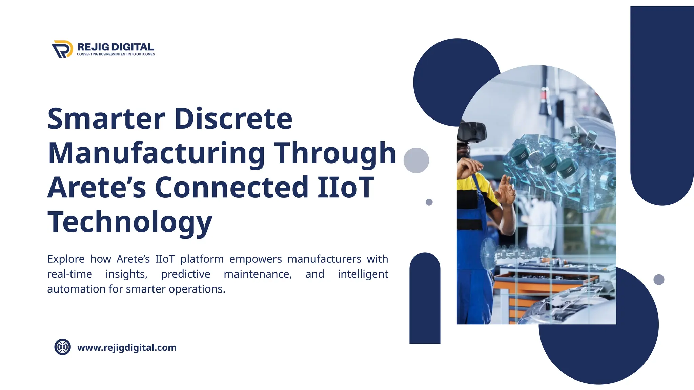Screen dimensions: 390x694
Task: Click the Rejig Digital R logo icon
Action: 62,49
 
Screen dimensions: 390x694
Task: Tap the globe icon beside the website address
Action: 63,347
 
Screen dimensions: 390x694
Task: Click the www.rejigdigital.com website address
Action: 127,348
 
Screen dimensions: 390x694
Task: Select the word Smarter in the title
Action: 106,119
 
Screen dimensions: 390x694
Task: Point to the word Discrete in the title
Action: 233,119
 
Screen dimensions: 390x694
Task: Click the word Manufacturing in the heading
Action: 156,153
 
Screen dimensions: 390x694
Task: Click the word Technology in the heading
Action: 130,222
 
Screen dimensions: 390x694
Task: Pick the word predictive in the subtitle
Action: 185,274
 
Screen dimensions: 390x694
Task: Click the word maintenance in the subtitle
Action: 258,274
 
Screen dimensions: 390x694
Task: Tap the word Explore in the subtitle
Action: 66,259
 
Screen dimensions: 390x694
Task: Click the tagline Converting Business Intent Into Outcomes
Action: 116,54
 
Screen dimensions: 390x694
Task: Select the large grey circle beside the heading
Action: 416,160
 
